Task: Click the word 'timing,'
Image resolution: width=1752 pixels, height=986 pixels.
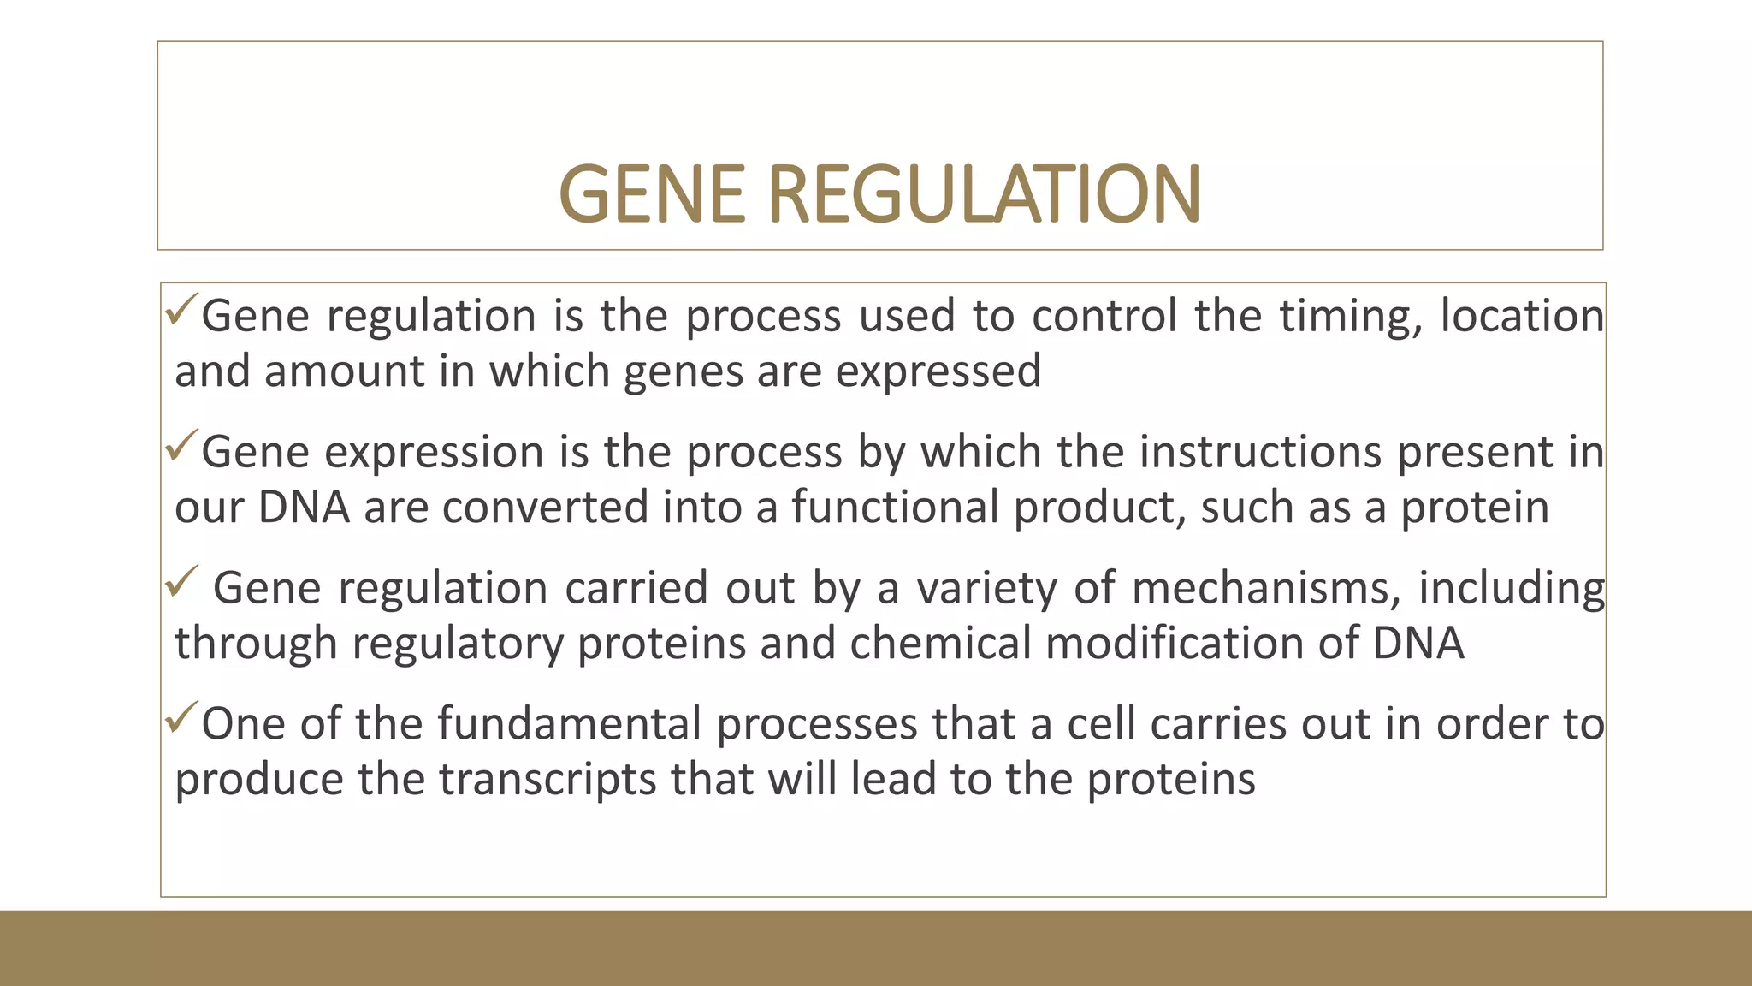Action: pos(1352,317)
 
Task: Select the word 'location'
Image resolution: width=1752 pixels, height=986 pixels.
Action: pos(1523,316)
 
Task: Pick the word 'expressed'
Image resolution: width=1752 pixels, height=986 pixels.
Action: pos(938,372)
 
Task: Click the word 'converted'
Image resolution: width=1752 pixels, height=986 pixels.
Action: pos(545,507)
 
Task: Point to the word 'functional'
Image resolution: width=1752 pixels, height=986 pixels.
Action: pos(895,507)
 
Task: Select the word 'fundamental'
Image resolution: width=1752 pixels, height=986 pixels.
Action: pos(570,724)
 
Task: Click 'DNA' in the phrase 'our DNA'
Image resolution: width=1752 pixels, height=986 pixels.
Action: pos(304,507)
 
